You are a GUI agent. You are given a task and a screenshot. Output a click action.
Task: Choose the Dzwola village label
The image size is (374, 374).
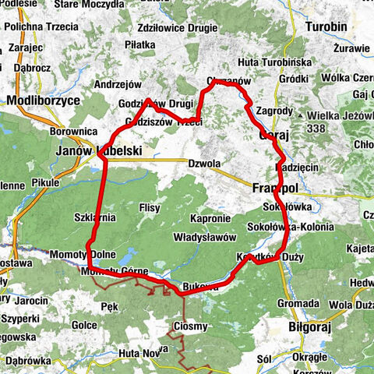click(x=204, y=164)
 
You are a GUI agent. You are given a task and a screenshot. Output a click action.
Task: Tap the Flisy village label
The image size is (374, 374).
click(x=149, y=209)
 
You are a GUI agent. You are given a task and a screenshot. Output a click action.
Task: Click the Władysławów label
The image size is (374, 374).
click(x=205, y=236)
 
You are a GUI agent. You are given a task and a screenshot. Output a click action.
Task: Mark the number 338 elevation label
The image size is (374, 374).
click(x=338, y=129)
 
